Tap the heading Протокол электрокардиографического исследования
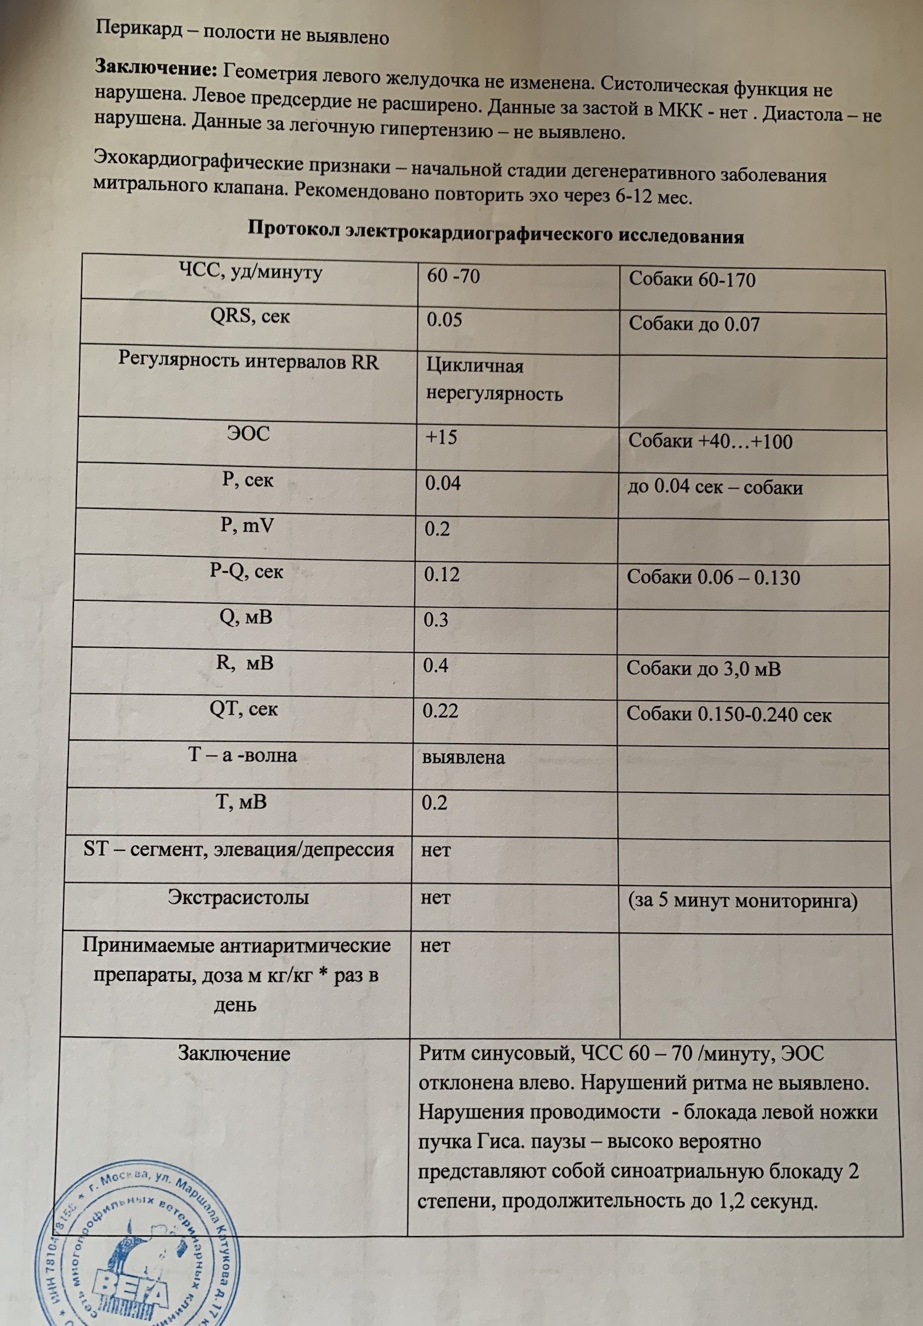[x=495, y=232]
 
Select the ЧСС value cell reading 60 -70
[x=453, y=275]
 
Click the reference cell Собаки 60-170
[x=692, y=280]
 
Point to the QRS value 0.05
[x=444, y=320]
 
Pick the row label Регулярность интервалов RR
[x=248, y=362]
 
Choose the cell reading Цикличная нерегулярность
[x=494, y=380]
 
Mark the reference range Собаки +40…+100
[x=710, y=441]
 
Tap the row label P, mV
[x=247, y=526]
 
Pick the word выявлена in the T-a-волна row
[x=463, y=757]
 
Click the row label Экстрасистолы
[x=238, y=897]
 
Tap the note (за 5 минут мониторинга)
[x=742, y=901]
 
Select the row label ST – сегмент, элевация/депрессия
[x=238, y=850]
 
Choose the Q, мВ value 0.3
[x=436, y=619]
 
